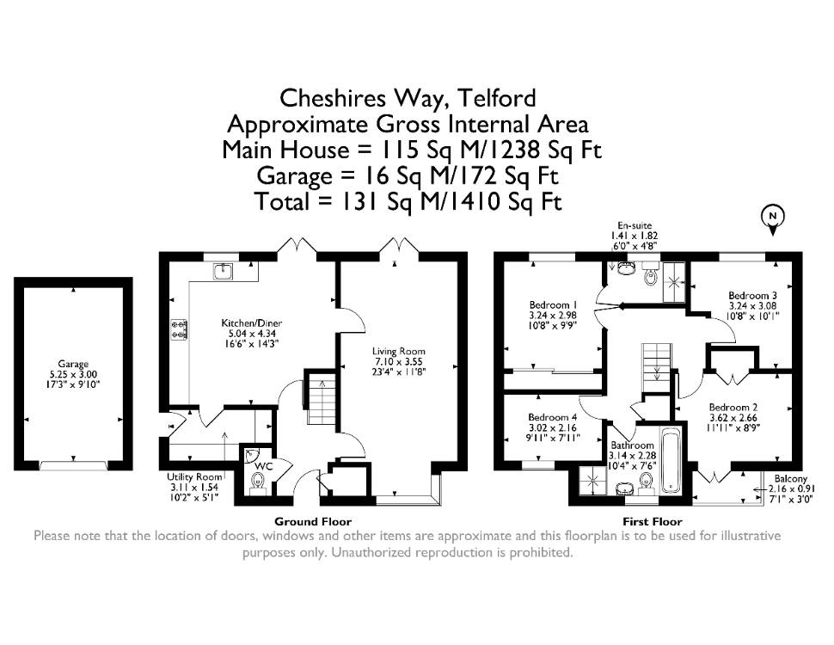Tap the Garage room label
click(x=73, y=365)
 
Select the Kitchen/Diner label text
click(x=252, y=323)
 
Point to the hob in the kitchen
click(x=179, y=329)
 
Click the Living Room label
click(x=398, y=351)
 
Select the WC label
click(x=263, y=467)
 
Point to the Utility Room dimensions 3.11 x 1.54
click(x=194, y=487)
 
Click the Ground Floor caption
click(x=313, y=521)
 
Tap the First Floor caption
click(x=652, y=521)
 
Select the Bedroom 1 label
click(x=553, y=305)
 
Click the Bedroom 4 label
click(x=553, y=417)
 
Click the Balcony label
click(x=790, y=478)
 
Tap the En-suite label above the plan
click(x=635, y=225)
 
